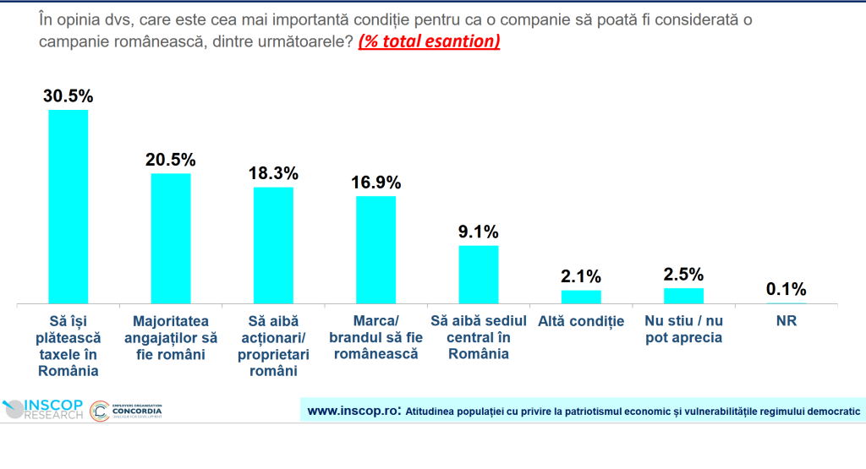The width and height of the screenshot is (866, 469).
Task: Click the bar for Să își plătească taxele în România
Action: [69, 206]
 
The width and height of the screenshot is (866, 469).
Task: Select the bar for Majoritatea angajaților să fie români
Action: [171, 238]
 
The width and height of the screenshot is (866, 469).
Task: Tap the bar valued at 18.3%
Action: [273, 245]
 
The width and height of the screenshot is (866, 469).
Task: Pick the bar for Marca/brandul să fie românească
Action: [375, 249]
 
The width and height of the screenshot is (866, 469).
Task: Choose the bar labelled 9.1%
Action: [479, 274]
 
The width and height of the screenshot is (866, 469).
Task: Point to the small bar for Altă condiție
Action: [581, 297]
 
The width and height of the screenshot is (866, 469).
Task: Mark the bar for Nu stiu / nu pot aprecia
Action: [683, 295]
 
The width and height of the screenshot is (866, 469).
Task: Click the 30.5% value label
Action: [69, 95]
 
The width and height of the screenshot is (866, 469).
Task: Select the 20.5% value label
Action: [171, 159]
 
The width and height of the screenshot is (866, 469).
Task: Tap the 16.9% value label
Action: [375, 182]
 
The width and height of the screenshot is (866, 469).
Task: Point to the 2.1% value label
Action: [581, 275]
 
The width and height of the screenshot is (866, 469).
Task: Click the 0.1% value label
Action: [787, 289]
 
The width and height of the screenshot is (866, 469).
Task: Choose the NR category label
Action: [787, 321]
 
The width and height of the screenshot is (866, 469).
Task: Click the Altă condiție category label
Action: [581, 321]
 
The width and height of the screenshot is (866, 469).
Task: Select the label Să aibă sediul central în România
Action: [479, 337]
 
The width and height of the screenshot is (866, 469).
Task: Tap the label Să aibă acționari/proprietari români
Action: [273, 346]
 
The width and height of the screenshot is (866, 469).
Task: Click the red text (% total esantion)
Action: [429, 41]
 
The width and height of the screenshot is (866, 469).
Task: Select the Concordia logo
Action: [127, 411]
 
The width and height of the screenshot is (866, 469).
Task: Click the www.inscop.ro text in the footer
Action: [354, 412]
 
